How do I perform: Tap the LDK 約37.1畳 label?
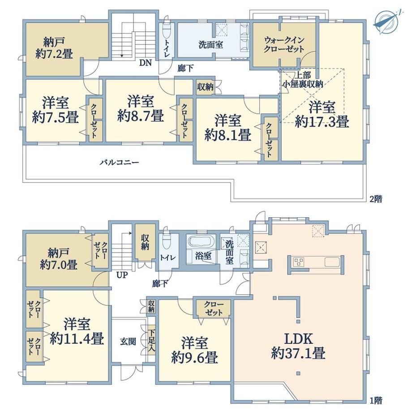tap(298, 346)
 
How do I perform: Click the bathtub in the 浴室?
tap(201, 242)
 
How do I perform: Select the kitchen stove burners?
tap(298, 262)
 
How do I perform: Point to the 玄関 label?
tap(128, 342)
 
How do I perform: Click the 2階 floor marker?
tap(376, 199)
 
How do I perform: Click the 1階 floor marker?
tap(376, 401)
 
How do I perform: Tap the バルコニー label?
tap(119, 163)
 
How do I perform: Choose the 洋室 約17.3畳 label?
tap(322, 114)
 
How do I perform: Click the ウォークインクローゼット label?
tap(284, 44)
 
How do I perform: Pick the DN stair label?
tap(145, 63)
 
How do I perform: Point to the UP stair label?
tap(122, 275)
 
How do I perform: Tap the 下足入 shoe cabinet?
tap(152, 340)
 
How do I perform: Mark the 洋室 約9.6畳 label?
tap(194, 350)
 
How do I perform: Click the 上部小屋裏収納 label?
tap(302, 80)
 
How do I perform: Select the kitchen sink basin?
tap(332, 262)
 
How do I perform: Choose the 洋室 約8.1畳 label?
tap(227, 128)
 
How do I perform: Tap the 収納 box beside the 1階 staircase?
tap(145, 242)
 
